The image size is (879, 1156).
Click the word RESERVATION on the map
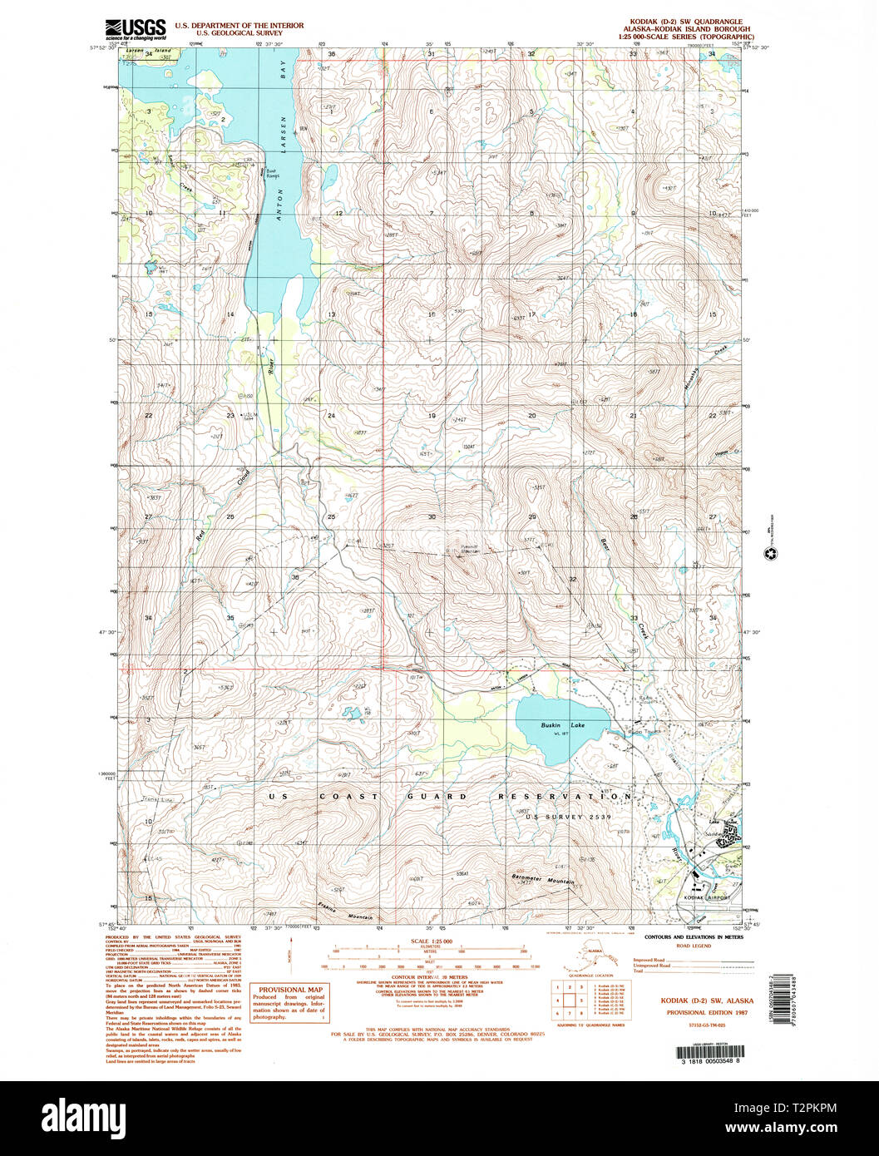coord(565,797)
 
